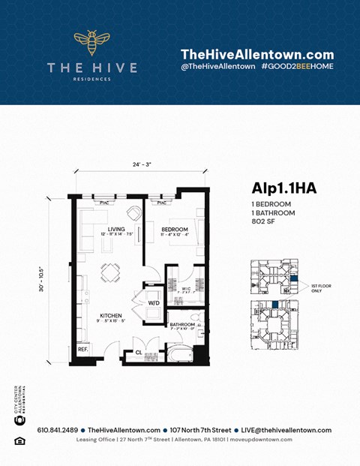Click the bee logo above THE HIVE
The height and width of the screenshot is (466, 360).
pyautogui.click(x=91, y=44)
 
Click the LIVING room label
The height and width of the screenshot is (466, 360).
pyautogui.click(x=116, y=230)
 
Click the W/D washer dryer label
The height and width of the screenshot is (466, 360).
pyautogui.click(x=154, y=303)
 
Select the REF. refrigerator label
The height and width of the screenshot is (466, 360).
pyautogui.click(x=82, y=349)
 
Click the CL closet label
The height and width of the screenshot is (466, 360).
pyautogui.click(x=139, y=352)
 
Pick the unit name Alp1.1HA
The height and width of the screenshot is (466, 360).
pyautogui.click(x=283, y=188)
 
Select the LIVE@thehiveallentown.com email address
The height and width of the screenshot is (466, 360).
pyautogui.click(x=282, y=430)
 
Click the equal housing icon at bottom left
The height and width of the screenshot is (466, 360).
pyautogui.click(x=19, y=440)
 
